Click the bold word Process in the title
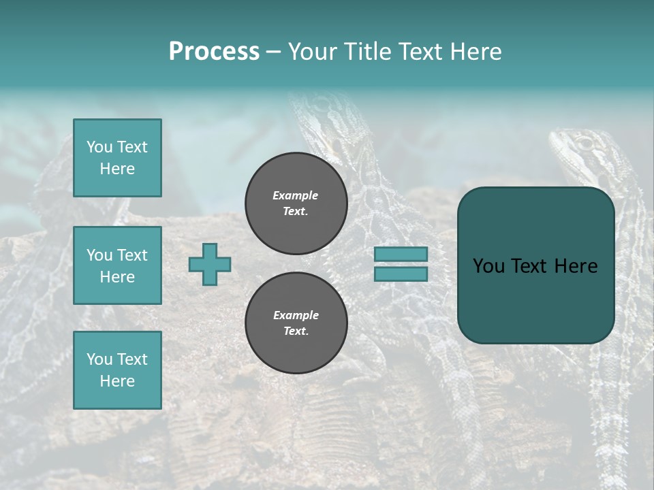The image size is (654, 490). [x=214, y=52]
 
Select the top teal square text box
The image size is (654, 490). [x=117, y=158]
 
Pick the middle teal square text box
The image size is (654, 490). [x=117, y=265]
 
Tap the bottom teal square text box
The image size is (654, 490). [x=117, y=370]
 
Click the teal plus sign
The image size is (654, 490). [x=210, y=264]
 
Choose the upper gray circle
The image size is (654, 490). [x=296, y=203]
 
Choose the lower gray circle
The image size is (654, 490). [x=296, y=323]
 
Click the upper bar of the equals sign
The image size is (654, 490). [x=401, y=254]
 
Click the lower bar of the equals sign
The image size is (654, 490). [x=401, y=274]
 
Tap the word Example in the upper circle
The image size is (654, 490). [x=295, y=195]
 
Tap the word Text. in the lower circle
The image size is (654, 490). [x=296, y=331]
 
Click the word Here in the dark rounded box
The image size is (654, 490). [x=576, y=266]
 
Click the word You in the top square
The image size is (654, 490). [x=99, y=147]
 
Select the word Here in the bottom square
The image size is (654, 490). [x=117, y=381]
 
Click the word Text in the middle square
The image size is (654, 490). [x=131, y=255]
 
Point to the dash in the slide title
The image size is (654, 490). [x=273, y=52]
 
